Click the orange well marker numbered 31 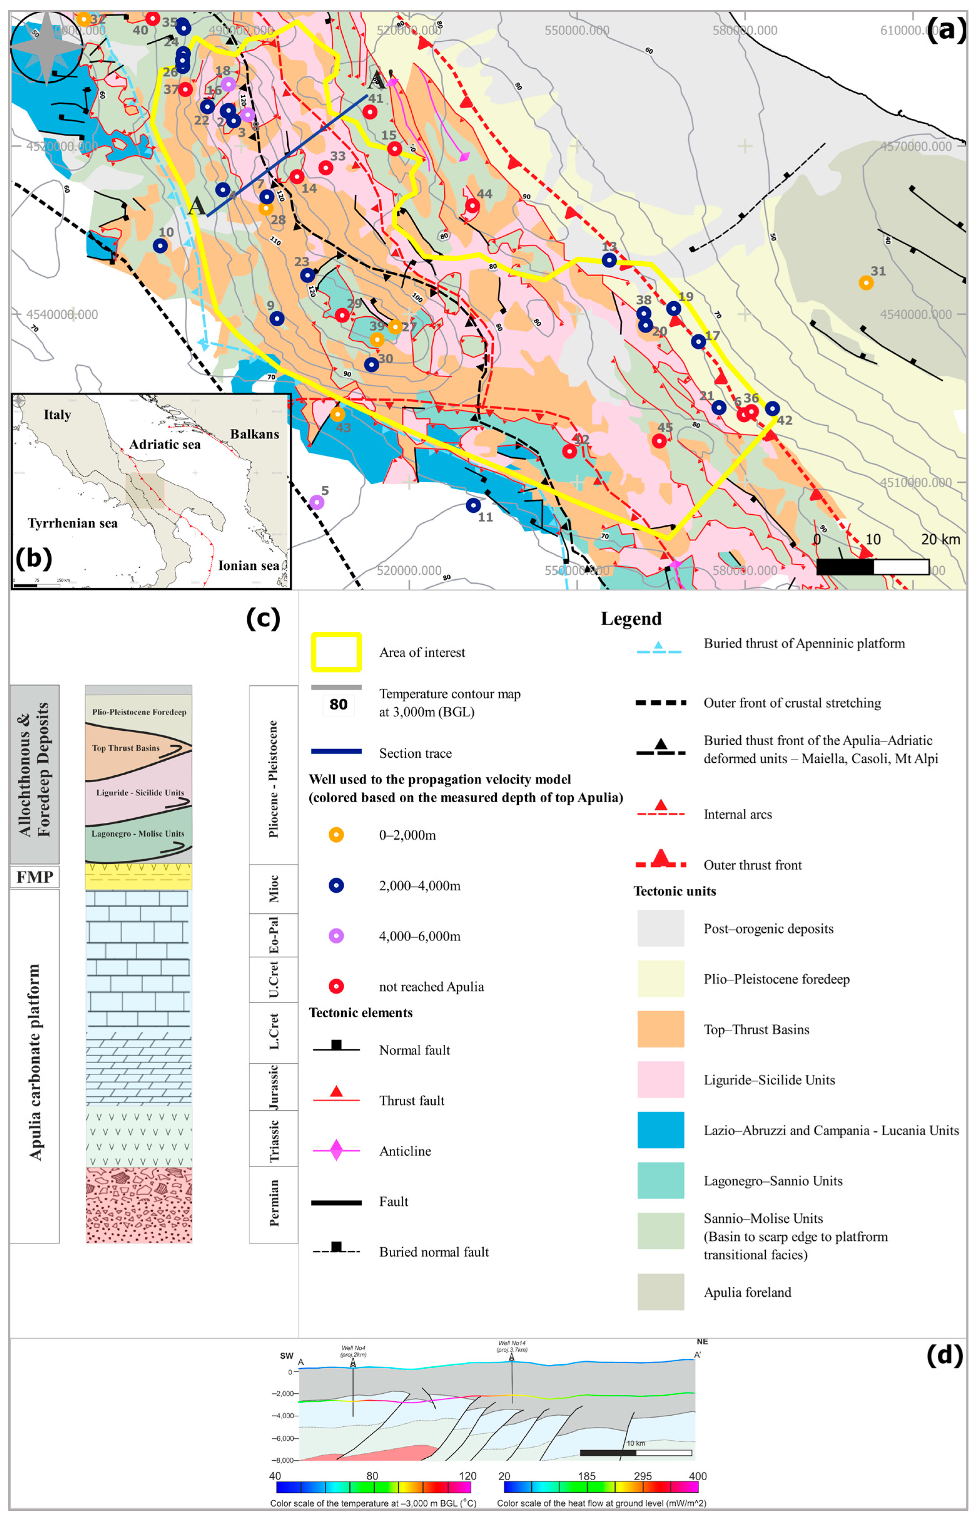tap(865, 282)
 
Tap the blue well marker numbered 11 tap(473, 506)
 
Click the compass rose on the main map tap(46, 48)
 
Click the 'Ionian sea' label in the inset tap(248, 565)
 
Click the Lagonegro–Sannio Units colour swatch tap(660, 1180)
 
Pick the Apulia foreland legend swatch tap(660, 1292)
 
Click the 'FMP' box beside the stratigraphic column tap(34, 877)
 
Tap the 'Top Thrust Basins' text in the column tap(126, 748)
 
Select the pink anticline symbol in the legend tap(336, 1150)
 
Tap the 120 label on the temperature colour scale tap(467, 1476)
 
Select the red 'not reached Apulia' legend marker tap(336, 986)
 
